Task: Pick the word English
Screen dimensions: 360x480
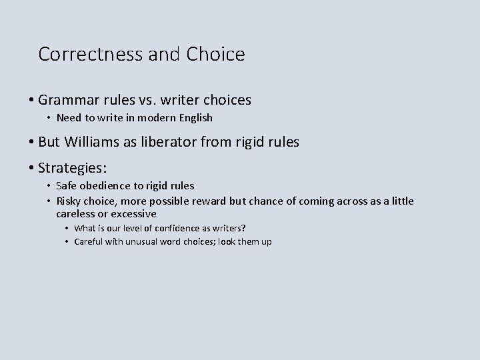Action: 193,118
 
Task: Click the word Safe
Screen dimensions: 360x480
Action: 67,185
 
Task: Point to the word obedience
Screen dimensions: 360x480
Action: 104,185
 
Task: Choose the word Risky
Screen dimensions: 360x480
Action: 69,201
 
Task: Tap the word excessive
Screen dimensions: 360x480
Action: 133,214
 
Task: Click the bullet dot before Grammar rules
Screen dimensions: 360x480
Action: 31,101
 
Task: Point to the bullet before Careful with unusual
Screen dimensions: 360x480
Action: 68,241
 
